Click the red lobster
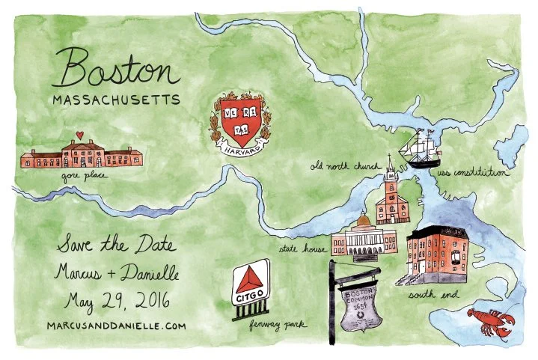coord(491,323)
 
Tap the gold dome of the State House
coord(362,222)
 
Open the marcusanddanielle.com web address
coord(114,326)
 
